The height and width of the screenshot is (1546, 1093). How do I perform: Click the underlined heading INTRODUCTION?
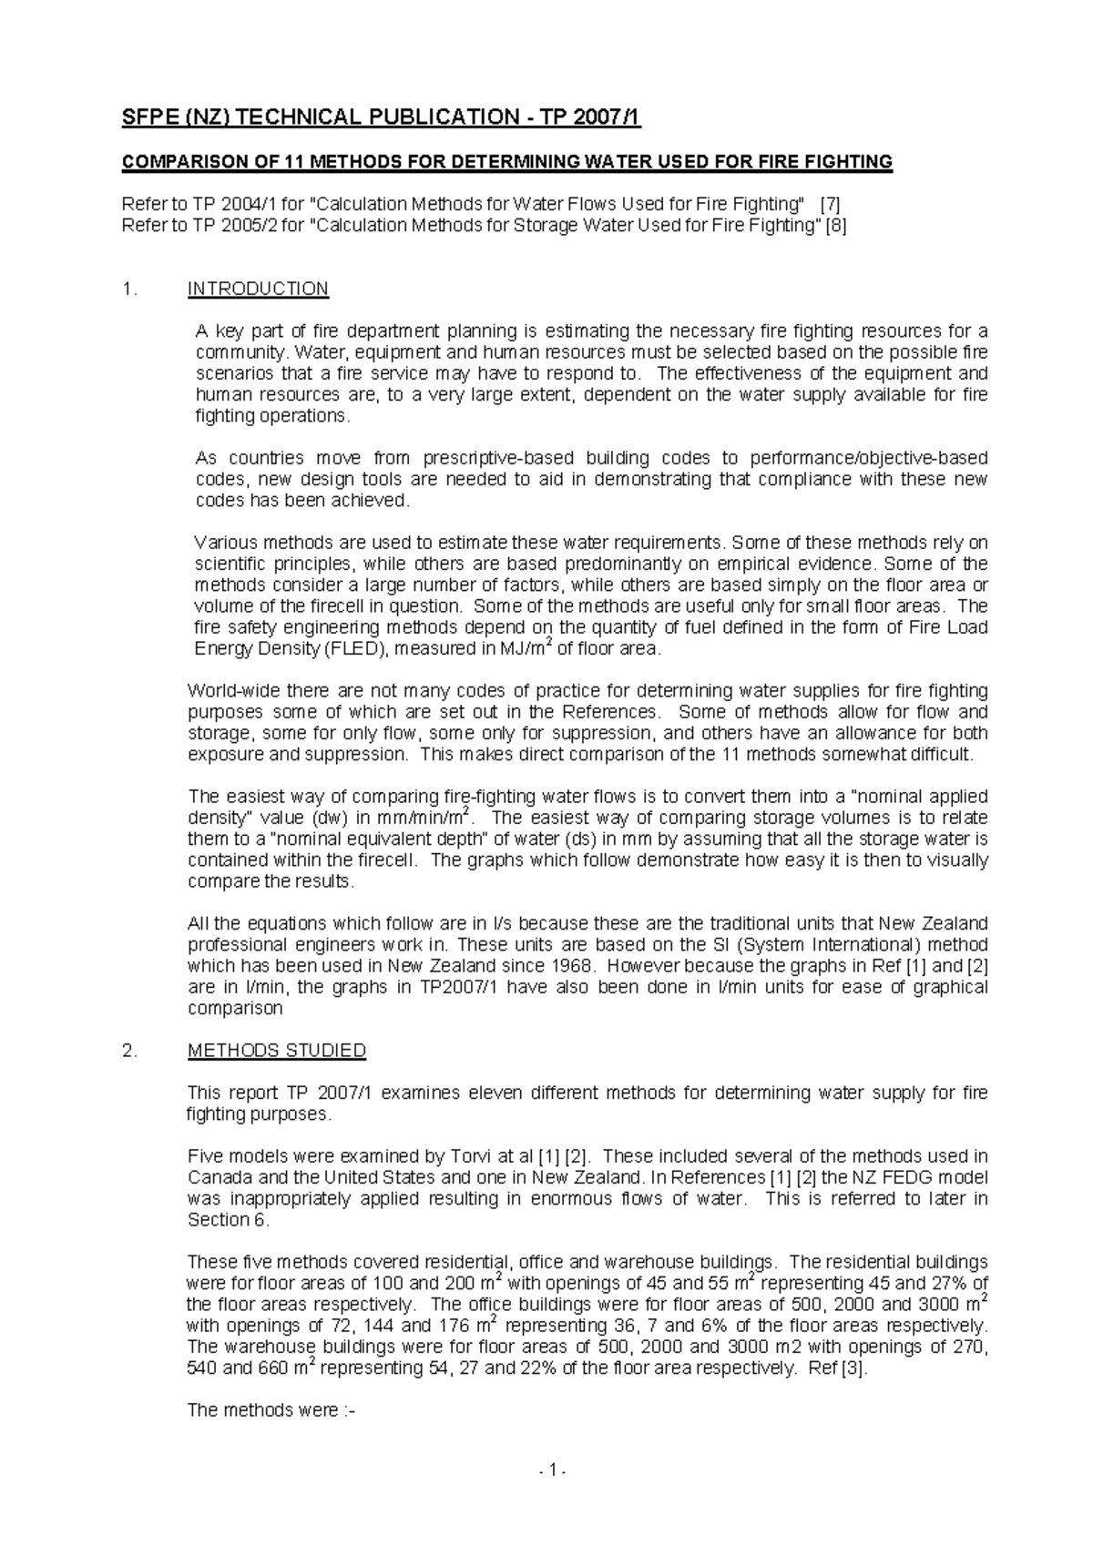[x=258, y=290]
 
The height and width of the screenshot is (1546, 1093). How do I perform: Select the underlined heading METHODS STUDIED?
[x=276, y=1051]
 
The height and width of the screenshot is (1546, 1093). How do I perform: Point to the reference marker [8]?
[x=835, y=226]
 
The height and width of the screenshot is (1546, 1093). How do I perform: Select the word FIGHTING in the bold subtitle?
[x=849, y=163]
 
